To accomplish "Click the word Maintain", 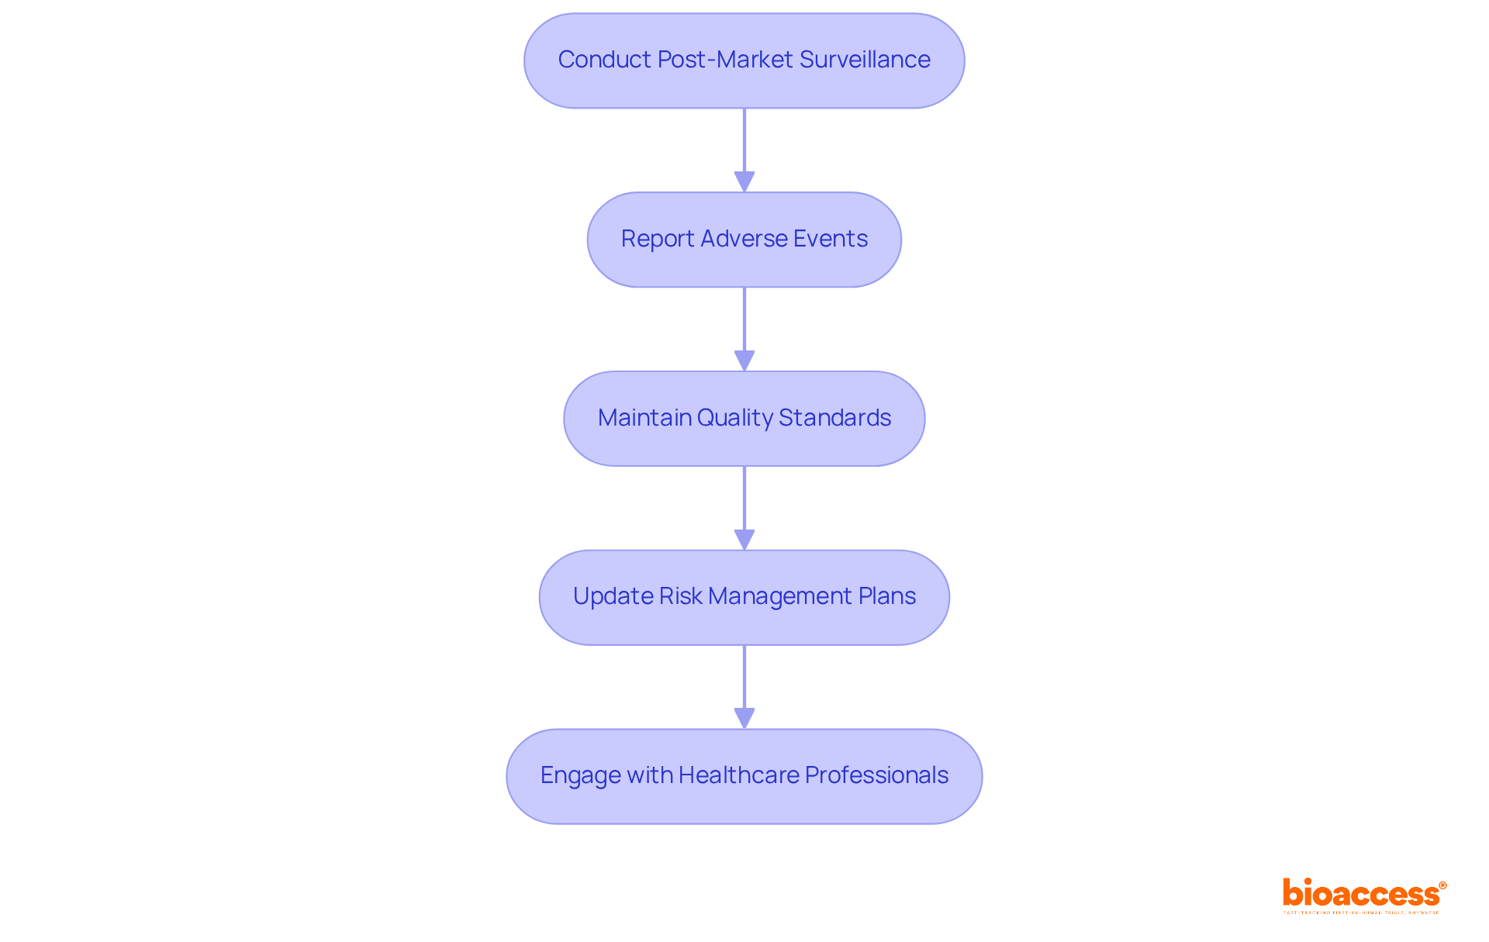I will click(x=644, y=418).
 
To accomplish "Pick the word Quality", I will click(x=734, y=418).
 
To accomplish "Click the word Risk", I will click(x=680, y=596).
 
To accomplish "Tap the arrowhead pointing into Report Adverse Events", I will click(x=744, y=182).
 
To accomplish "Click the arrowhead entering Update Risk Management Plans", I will click(x=744, y=540).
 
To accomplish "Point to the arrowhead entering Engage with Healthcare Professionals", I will click(x=744, y=719).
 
